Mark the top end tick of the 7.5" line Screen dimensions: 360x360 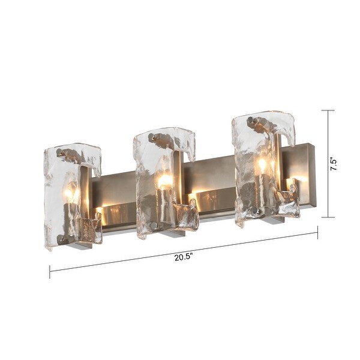click(328, 110)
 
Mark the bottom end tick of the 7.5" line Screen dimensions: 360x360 click(328, 217)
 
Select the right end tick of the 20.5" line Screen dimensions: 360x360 click(317, 232)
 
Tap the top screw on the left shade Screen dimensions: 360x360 click(60, 152)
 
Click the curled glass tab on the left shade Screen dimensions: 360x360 click(89, 229)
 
